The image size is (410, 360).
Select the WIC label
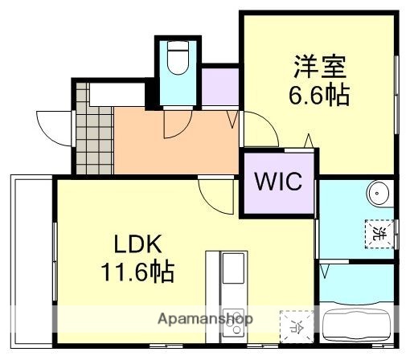279,182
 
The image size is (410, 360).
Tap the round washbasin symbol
377,193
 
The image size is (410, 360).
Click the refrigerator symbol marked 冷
295,325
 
